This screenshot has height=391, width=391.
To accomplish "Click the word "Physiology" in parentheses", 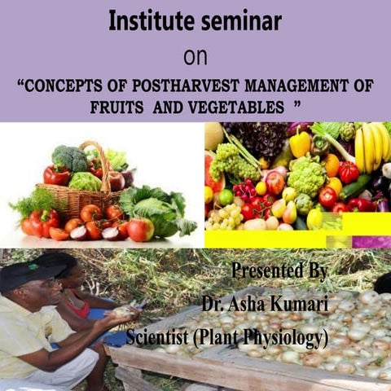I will click(288, 336).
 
